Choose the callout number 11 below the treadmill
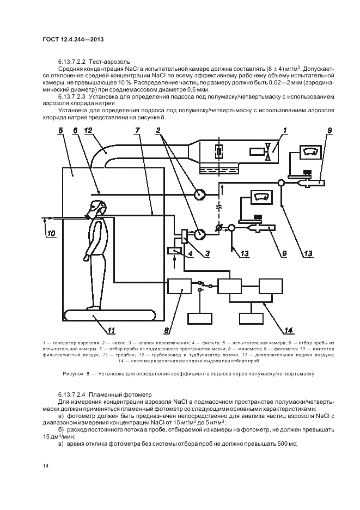[x=111, y=330]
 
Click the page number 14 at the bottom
[x=45, y=465]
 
